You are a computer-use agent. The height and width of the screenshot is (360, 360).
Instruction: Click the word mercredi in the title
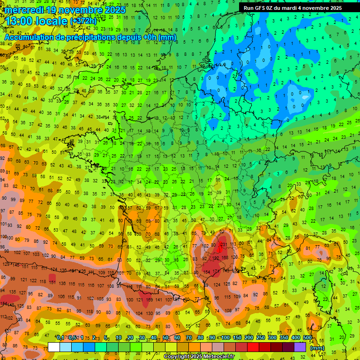(x=25, y=10)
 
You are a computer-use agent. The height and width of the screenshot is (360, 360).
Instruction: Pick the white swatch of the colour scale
(x=54, y=347)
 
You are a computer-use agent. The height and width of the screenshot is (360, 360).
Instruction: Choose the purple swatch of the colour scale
(x=300, y=347)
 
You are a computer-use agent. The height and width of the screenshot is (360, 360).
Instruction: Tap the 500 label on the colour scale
(x=307, y=338)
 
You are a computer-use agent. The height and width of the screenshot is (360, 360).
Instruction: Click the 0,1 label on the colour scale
(x=60, y=338)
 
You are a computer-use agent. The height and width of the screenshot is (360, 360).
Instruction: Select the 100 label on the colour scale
(x=225, y=338)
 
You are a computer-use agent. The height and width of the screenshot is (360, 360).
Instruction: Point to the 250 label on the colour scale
(x=261, y=338)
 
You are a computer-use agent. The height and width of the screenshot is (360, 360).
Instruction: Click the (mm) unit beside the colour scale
(x=317, y=348)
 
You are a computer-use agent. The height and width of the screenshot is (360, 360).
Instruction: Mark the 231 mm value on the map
(x=224, y=244)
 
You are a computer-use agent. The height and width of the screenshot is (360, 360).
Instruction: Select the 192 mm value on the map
(x=216, y=258)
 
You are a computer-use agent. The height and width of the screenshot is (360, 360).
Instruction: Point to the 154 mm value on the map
(x=206, y=272)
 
